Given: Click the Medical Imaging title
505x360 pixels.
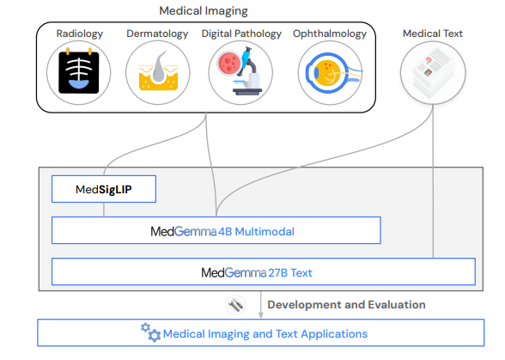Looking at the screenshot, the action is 204,11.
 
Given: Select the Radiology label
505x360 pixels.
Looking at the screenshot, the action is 80,34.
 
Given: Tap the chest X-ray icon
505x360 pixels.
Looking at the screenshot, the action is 79,72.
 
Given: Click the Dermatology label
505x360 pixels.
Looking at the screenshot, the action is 157,34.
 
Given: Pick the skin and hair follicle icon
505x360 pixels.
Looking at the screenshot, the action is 158,71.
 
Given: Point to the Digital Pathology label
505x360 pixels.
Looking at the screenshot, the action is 241,34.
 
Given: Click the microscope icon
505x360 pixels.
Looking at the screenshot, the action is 240,71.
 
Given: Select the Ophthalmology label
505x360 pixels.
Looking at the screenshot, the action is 330,34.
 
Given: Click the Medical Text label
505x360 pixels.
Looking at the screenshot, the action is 433,34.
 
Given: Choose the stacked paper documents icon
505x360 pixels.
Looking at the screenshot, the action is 433,73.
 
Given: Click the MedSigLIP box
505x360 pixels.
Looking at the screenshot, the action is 104,189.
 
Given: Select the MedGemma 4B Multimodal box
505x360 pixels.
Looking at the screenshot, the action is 216,230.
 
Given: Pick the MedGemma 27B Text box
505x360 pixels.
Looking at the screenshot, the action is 264,272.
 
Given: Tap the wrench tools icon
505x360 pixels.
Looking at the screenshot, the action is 235,304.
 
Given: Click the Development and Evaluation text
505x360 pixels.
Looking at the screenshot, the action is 346,304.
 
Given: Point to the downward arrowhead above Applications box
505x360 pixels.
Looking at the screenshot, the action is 261,314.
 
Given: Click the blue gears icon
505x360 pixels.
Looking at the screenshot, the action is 150,333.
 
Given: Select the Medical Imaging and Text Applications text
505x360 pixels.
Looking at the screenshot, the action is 265,334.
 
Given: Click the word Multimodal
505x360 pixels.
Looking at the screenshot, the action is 265,232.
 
